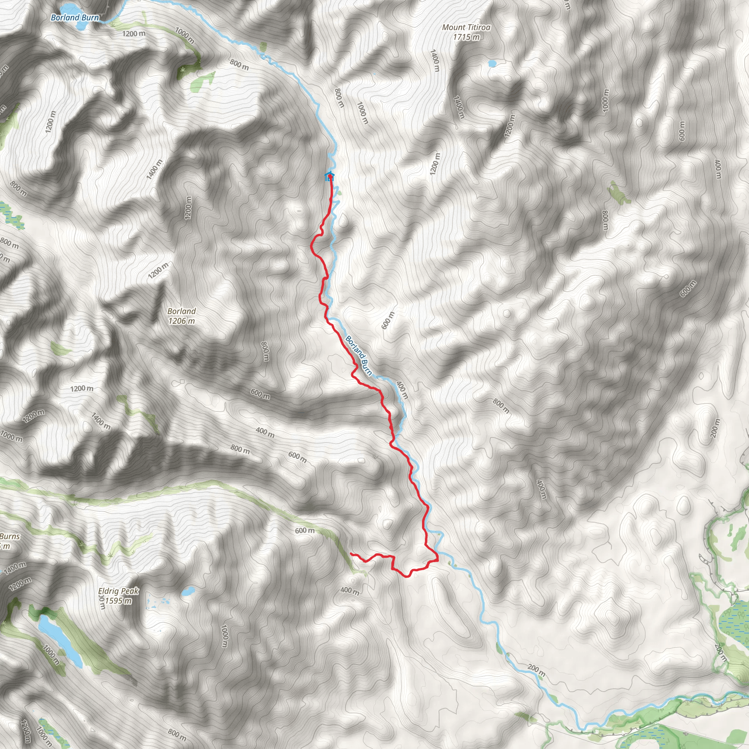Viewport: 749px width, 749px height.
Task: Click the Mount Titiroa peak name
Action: click(x=466, y=27)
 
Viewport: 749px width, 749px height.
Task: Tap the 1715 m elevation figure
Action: click(x=466, y=37)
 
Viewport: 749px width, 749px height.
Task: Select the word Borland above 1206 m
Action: click(x=181, y=311)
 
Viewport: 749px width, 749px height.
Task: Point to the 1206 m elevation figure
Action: click(x=181, y=321)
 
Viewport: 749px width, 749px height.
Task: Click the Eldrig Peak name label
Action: click(x=118, y=591)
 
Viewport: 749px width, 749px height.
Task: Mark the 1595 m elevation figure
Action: click(x=118, y=601)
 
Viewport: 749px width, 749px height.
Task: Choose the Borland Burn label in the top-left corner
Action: click(x=75, y=18)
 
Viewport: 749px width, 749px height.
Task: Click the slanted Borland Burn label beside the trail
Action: click(x=359, y=356)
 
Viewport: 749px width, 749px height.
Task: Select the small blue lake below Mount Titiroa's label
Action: click(x=492, y=63)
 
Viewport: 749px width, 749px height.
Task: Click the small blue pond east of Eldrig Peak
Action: click(x=188, y=592)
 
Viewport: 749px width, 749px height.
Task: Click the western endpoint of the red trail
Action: click(x=351, y=554)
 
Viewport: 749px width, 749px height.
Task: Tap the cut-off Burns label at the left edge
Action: click(x=10, y=537)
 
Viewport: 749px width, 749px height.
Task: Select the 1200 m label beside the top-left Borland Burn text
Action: click(x=134, y=34)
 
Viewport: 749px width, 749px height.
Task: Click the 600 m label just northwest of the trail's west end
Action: click(x=305, y=530)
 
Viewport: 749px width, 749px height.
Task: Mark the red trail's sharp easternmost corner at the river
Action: click(x=438, y=560)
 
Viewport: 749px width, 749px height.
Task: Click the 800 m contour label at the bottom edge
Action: click(x=177, y=734)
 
